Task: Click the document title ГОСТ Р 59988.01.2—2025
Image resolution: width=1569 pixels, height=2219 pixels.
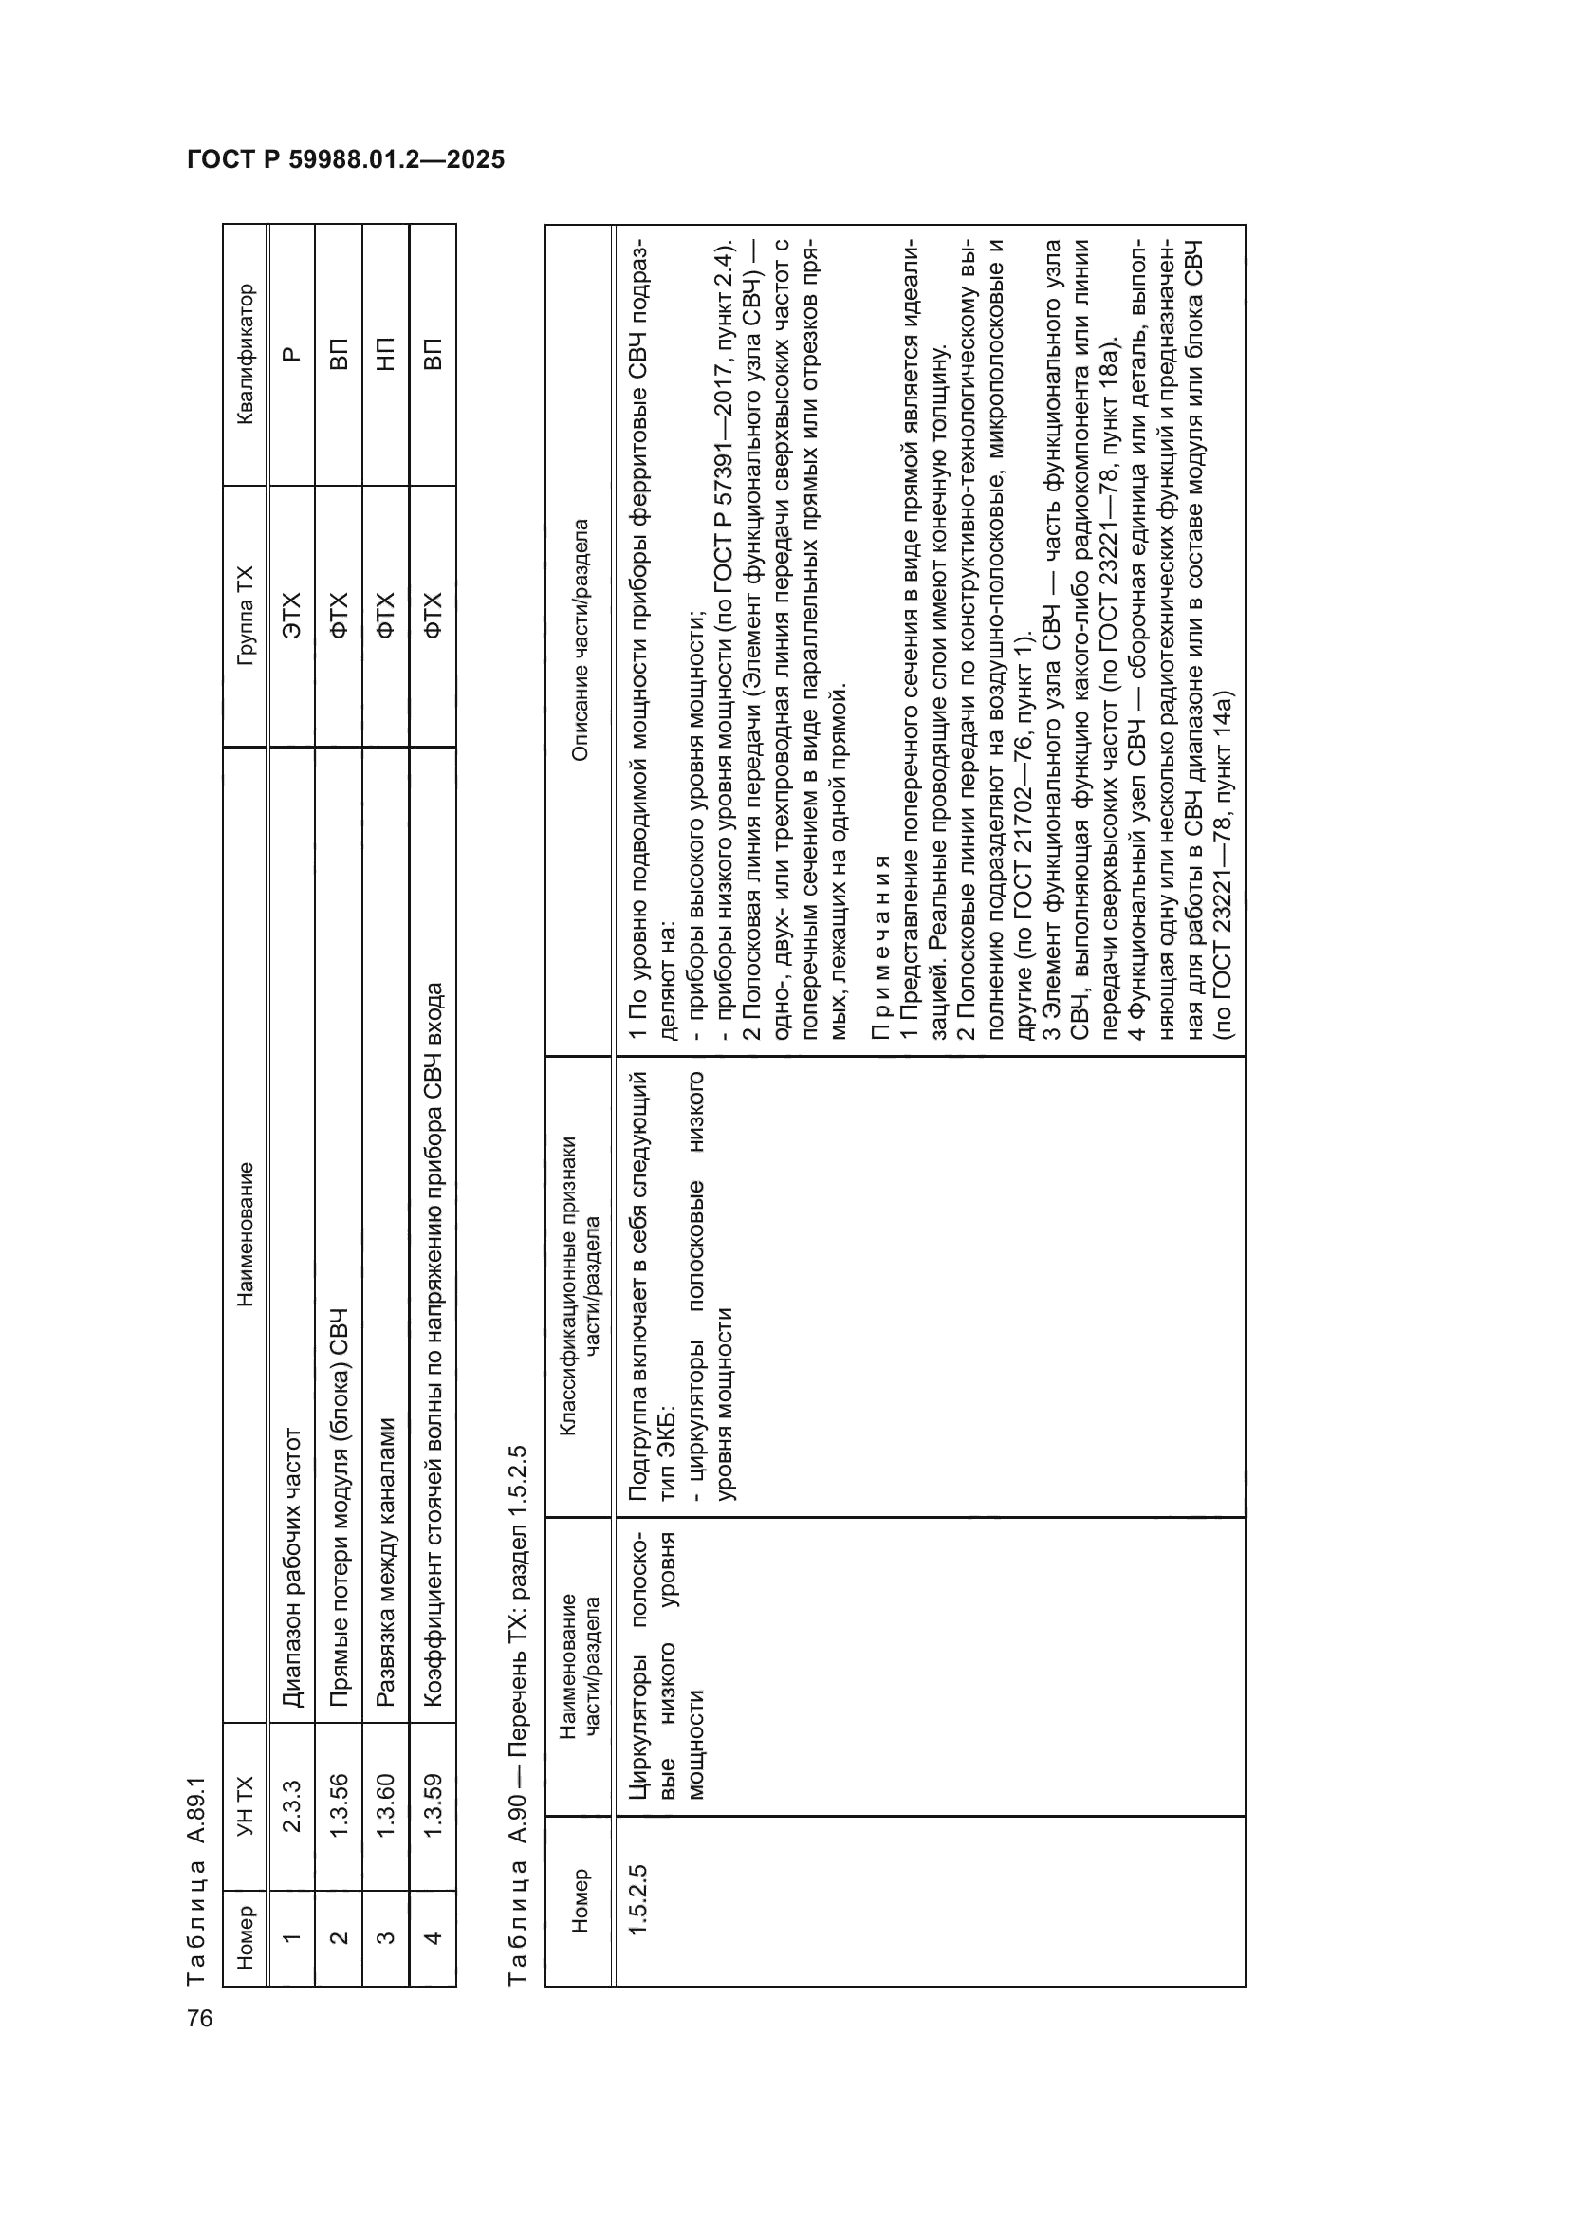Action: tap(346, 160)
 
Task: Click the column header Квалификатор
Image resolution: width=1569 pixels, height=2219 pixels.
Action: tap(246, 354)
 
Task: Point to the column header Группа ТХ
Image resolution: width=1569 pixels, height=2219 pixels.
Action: tap(246, 616)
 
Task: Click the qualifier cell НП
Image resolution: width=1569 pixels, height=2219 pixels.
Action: tap(385, 354)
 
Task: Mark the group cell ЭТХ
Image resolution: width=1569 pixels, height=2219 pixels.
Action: tap(292, 616)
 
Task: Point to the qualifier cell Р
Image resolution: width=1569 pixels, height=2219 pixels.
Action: tap(292, 354)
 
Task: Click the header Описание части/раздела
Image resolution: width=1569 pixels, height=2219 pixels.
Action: tap(580, 639)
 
